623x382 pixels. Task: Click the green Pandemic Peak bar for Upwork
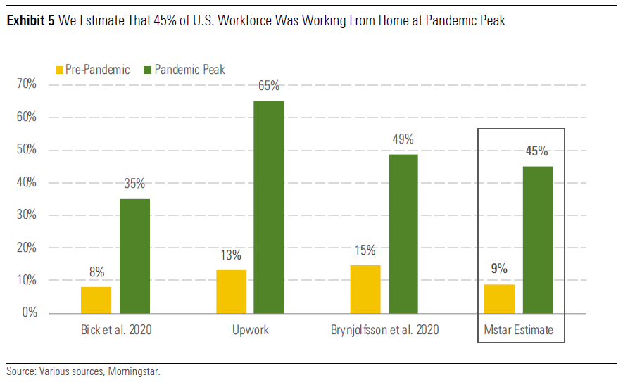[269, 208]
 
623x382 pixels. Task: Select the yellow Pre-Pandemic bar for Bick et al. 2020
[96, 300]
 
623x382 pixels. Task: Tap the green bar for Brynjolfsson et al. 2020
[403, 234]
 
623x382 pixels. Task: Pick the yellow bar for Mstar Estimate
[499, 298]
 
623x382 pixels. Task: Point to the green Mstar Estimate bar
[538, 240]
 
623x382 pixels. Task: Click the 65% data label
[269, 87]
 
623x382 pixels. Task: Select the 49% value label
[403, 139]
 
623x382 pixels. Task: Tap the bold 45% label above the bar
[537, 151]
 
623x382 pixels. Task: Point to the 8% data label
[96, 272]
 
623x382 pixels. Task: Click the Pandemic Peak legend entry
[184, 69]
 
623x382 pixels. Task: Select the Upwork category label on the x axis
[250, 330]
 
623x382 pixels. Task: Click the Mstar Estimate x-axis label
[519, 330]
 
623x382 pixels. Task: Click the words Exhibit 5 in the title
[30, 21]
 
